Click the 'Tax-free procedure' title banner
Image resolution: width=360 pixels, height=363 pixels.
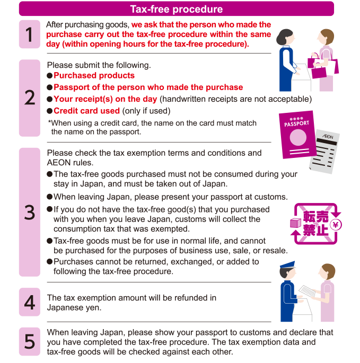click(x=177, y=9)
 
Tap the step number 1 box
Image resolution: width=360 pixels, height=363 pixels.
click(x=29, y=34)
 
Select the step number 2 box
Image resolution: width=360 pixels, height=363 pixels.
click(x=29, y=98)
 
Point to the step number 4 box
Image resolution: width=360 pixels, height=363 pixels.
click(x=29, y=302)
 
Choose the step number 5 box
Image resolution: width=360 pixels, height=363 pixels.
click(x=29, y=341)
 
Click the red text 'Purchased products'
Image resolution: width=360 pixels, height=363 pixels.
click(x=94, y=75)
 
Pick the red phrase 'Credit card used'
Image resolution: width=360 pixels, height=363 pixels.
click(x=86, y=111)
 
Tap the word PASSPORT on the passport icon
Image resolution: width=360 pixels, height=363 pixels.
click(x=296, y=123)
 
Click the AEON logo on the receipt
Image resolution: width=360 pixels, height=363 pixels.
click(x=328, y=136)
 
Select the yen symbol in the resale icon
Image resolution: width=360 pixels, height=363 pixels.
click(x=336, y=225)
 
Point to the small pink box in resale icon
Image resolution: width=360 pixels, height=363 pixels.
click(x=295, y=223)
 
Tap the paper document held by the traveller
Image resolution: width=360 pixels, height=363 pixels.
click(x=307, y=291)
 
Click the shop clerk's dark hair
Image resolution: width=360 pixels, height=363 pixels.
click(x=284, y=37)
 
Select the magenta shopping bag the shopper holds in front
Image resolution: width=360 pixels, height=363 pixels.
click(x=319, y=72)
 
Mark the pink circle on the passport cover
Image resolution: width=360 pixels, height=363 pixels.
click(x=298, y=137)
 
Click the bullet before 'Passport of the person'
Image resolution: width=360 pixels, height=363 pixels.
click(x=50, y=87)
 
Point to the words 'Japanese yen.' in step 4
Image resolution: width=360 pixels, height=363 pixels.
click(x=74, y=308)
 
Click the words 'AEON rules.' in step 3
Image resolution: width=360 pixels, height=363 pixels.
click(x=70, y=163)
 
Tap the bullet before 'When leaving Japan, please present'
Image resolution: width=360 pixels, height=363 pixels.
click(x=50, y=197)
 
